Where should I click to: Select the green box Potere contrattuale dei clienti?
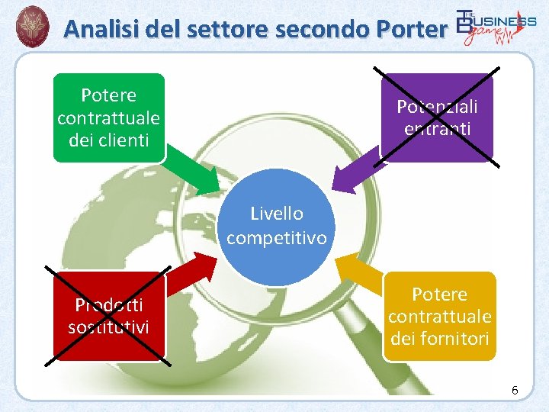(108, 117)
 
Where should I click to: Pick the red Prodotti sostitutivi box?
(108, 316)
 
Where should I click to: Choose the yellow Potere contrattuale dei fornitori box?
(438, 316)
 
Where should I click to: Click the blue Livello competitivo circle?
(276, 226)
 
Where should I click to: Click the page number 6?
(515, 391)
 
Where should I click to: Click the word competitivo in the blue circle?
(276, 238)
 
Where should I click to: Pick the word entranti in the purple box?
(437, 128)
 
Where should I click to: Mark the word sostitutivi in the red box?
(108, 327)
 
